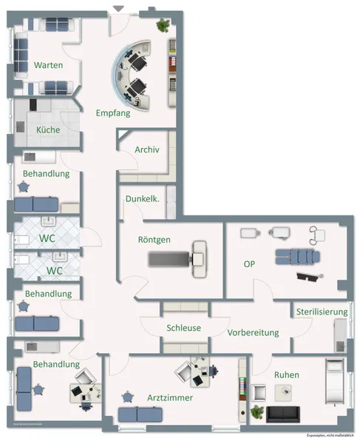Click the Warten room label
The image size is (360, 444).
(47, 65)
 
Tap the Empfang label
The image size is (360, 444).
(113, 113)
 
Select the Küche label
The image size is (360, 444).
(48, 130)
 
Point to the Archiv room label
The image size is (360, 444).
(147, 149)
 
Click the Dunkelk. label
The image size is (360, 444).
(142, 198)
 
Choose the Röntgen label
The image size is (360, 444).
(154, 240)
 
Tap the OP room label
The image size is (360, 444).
(249, 263)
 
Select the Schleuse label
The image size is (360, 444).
(183, 328)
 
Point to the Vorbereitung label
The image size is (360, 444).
(253, 332)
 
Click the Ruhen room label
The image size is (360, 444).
(287, 375)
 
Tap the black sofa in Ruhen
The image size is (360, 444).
(284, 413)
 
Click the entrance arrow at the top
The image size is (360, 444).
(118, 8)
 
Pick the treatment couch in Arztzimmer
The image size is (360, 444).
(137, 417)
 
